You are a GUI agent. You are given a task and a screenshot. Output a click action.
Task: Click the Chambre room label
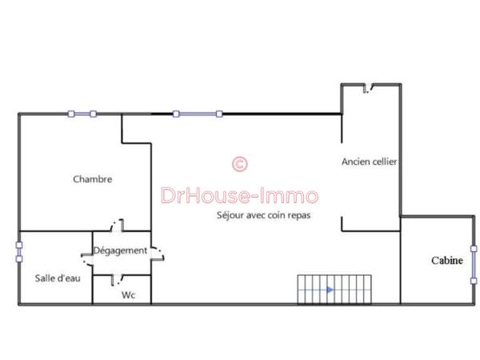(x=93, y=179)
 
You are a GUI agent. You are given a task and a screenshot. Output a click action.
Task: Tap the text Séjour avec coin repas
(x=263, y=215)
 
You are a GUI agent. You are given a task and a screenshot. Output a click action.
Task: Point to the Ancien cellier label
(x=369, y=162)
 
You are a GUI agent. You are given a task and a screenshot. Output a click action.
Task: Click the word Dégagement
(x=121, y=250)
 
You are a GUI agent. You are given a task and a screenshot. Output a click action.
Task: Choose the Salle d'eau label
(x=58, y=278)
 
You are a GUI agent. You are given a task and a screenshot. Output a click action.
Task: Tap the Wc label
(x=128, y=295)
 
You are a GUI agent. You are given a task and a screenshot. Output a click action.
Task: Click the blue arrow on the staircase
(x=330, y=290)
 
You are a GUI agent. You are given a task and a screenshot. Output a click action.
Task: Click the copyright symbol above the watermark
(x=239, y=164)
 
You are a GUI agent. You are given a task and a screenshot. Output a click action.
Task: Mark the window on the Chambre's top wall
(x=82, y=114)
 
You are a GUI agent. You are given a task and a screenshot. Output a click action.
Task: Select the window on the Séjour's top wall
(x=197, y=114)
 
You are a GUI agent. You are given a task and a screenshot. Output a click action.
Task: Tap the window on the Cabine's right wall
(x=474, y=262)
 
